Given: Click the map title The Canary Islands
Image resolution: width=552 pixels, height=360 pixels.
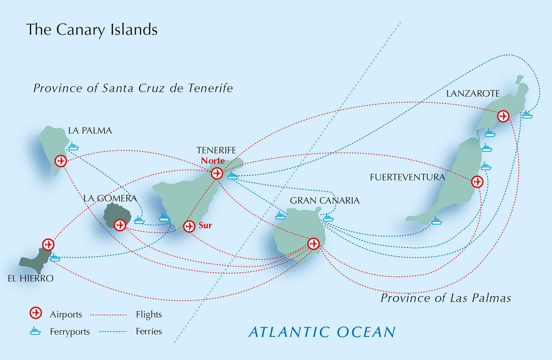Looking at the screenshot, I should [92, 30].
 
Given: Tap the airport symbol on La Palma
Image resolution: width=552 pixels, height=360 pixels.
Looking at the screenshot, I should [61, 161].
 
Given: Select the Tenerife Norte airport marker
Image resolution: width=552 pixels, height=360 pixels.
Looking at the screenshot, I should [217, 173].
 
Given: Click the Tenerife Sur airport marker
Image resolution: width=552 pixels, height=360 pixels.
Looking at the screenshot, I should [189, 226].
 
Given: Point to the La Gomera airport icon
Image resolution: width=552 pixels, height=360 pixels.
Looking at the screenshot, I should [120, 225].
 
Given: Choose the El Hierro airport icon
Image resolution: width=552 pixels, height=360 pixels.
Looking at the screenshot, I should [48, 244].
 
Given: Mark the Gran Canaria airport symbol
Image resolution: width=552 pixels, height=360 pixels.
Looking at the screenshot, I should [313, 243].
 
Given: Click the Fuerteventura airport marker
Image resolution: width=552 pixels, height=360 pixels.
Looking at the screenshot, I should [477, 182].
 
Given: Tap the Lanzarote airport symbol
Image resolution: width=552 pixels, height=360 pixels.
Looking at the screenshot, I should [503, 116].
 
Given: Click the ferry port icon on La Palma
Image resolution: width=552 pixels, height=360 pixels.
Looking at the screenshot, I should [73, 146].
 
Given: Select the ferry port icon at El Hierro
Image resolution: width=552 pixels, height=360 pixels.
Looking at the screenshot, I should [55, 257].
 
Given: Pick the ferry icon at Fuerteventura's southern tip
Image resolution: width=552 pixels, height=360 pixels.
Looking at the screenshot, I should [436, 221].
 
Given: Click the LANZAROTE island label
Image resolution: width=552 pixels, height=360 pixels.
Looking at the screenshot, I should [473, 94].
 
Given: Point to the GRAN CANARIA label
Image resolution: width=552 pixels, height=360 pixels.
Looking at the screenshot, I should [325, 200].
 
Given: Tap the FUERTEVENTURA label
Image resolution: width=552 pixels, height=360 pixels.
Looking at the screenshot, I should [407, 177].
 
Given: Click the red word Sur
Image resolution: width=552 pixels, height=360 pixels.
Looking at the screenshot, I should [205, 225].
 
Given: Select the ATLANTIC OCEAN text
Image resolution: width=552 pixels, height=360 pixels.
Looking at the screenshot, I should [322, 332].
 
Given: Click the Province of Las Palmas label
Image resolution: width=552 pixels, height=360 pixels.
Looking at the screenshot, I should [446, 298].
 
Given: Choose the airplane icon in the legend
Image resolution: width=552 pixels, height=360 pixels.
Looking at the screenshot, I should [36, 313].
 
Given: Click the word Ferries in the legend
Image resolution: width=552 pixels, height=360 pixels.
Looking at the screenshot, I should [149, 331].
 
